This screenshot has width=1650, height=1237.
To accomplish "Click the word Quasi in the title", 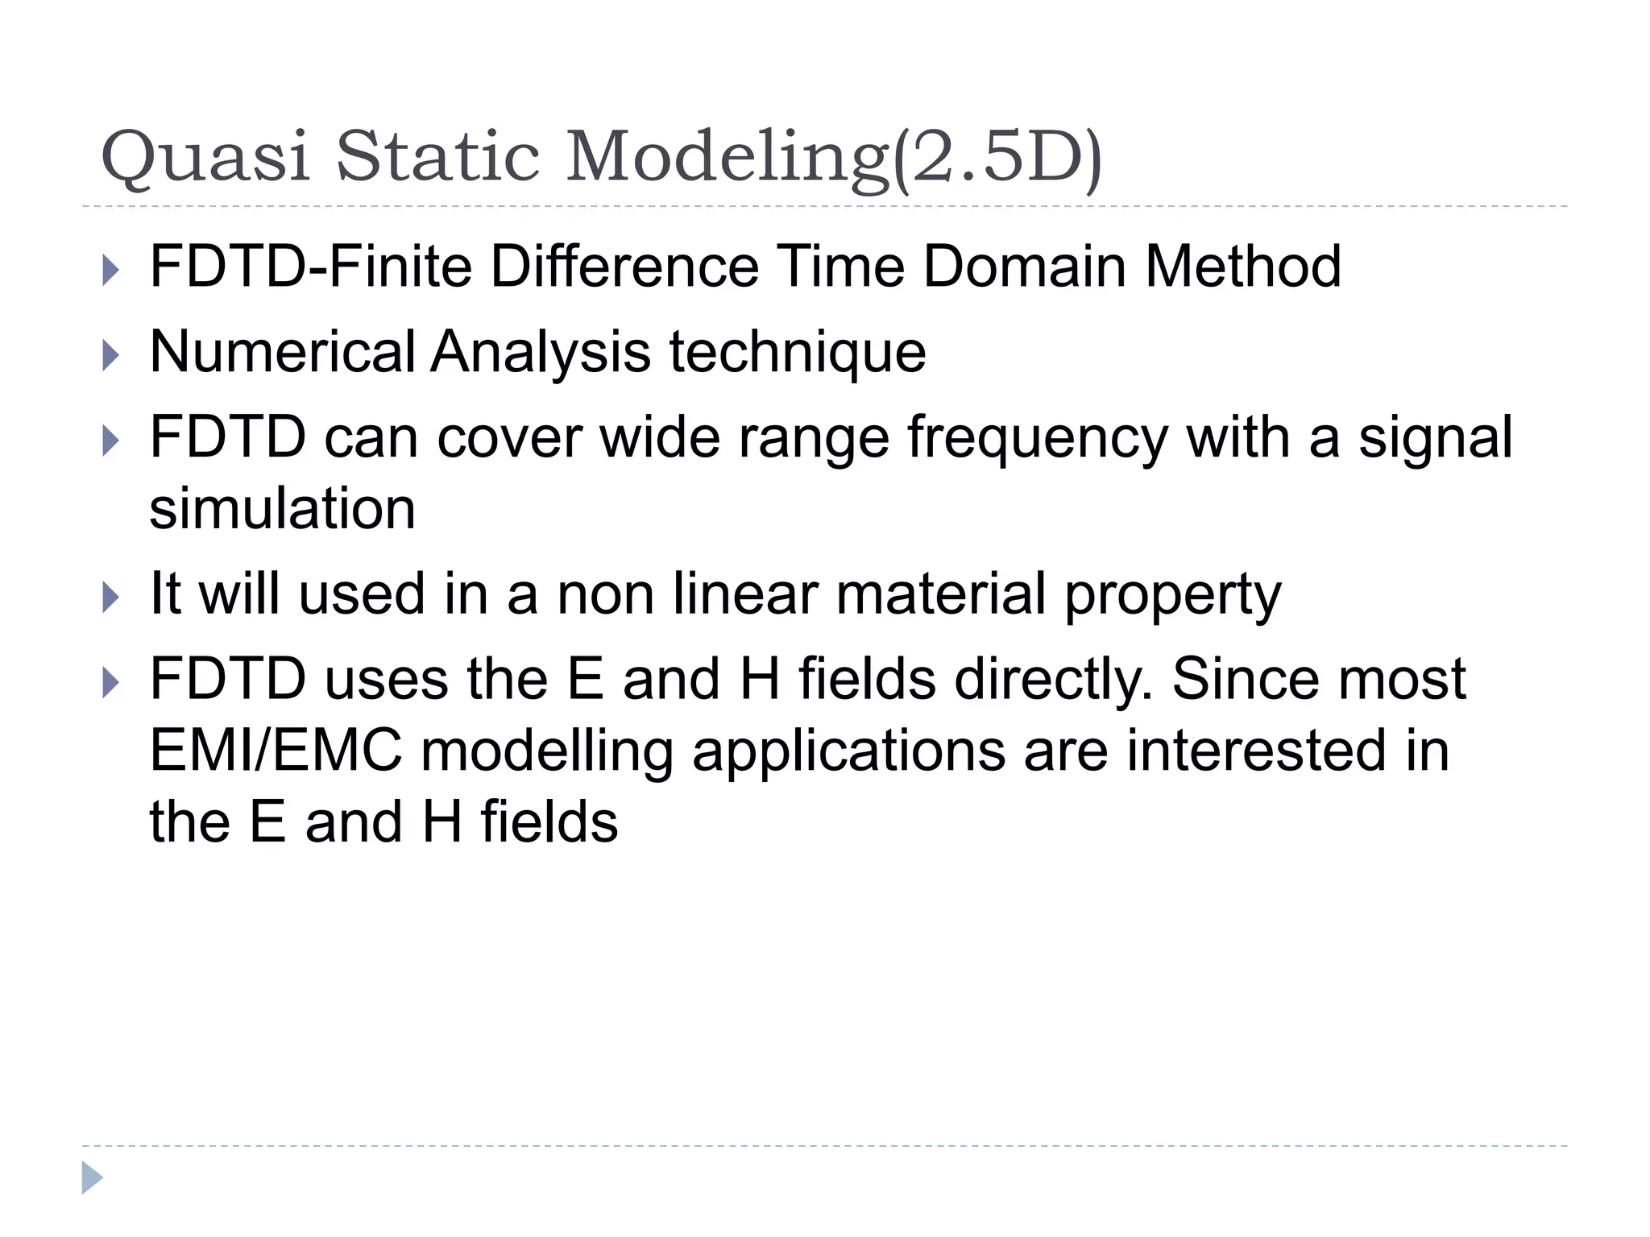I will click(x=205, y=157).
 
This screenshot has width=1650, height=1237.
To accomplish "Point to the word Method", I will click(x=1243, y=267).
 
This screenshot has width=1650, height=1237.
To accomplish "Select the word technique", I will click(x=798, y=354).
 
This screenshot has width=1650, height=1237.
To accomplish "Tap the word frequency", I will click(x=1038, y=439).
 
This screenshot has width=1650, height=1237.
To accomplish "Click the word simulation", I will click(x=283, y=509).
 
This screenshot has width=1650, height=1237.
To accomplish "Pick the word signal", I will click(x=1436, y=439).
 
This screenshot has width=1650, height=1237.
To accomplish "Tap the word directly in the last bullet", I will click(x=1054, y=680).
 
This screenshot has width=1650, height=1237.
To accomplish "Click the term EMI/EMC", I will click(x=276, y=751).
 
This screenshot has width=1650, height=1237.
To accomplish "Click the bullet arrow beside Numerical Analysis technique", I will click(x=111, y=354).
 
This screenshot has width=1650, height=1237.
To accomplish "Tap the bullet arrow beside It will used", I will click(x=111, y=597).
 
